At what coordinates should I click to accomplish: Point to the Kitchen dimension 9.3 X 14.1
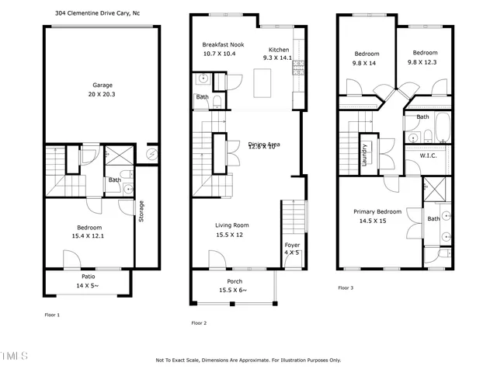pos(277,57)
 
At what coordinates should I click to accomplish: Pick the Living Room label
pos(232,225)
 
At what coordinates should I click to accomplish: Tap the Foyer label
pos(291,245)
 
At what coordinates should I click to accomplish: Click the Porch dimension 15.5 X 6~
pos(234,290)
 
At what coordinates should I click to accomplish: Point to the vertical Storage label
pos(141,211)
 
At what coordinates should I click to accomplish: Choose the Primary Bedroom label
pos(377,211)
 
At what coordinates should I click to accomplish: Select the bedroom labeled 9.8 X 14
pos(367,63)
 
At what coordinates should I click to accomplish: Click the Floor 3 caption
pos(346,287)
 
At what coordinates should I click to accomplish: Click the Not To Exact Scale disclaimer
pos(248,360)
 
